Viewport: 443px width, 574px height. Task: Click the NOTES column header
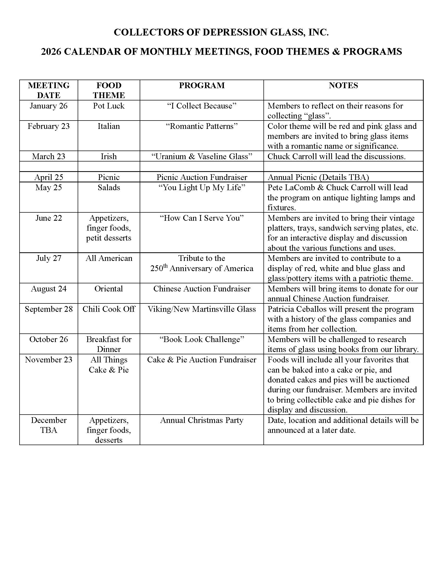343,85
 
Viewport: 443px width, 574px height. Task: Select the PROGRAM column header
201,85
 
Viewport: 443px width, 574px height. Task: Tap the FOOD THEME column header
109,90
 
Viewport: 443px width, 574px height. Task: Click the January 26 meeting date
48,106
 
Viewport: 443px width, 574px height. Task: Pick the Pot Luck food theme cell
109,106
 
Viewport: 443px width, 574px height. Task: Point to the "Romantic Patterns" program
201,127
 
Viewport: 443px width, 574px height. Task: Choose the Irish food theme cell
109,156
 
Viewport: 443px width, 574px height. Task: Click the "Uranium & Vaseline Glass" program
201,156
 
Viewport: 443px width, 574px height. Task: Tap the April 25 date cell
48,177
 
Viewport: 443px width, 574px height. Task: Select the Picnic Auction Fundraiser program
201,177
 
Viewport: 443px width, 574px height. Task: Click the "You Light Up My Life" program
201,188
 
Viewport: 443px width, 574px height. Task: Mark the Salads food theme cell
109,188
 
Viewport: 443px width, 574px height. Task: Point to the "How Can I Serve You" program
201,218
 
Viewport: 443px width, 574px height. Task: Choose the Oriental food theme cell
109,289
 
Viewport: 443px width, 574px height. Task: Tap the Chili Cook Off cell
109,309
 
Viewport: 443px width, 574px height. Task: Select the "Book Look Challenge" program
201,339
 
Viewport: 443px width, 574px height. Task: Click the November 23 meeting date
48,360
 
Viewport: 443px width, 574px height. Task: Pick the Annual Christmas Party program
201,420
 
